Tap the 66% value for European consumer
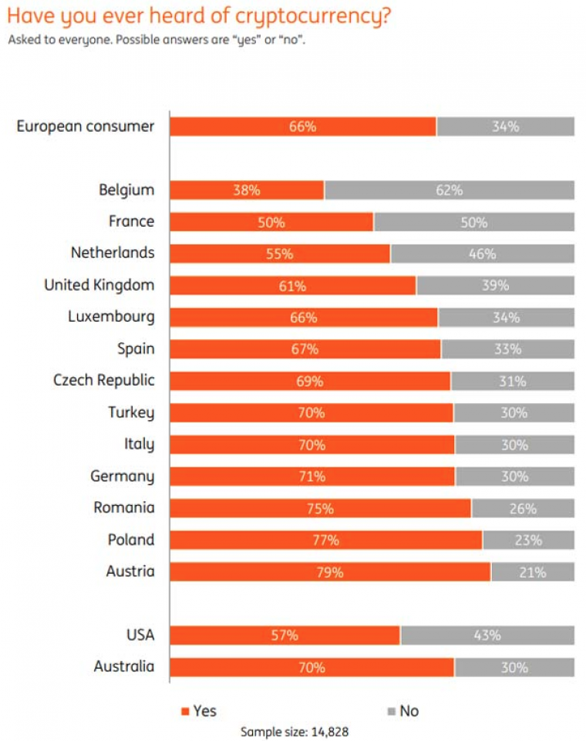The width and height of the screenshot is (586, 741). (302, 126)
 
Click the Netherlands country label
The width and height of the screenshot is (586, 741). (113, 253)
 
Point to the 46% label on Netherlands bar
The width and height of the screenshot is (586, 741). (482, 254)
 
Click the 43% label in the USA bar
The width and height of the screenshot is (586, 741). (487, 635)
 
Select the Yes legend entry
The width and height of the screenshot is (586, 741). (198, 710)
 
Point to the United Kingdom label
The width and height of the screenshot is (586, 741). (99, 285)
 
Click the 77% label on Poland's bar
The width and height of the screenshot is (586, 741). (325, 540)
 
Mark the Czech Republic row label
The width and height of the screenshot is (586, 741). (104, 380)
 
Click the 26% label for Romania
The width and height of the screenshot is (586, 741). (523, 508)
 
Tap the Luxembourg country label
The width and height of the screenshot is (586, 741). (111, 317)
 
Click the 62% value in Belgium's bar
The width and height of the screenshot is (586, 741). (449, 190)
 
